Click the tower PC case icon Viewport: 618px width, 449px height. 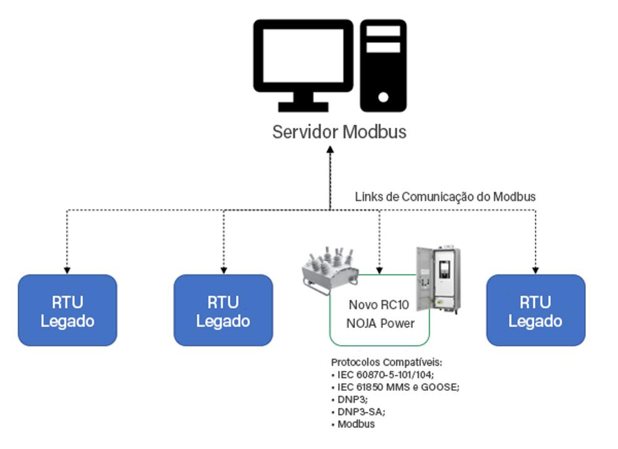click(383, 65)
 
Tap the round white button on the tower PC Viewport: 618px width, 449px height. click(383, 97)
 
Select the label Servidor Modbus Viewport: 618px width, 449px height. click(339, 132)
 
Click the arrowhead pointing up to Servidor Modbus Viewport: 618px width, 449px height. click(330, 149)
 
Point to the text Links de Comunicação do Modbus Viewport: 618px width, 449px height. click(445, 197)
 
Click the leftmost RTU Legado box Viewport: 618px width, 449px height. click(67, 311)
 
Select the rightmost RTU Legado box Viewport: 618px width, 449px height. click(536, 311)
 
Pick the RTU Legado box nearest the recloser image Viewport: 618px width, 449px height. click(223, 311)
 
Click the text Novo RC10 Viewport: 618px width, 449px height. click(379, 305)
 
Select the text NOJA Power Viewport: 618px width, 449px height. click(379, 323)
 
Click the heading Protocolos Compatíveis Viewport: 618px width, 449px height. click(387, 362)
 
